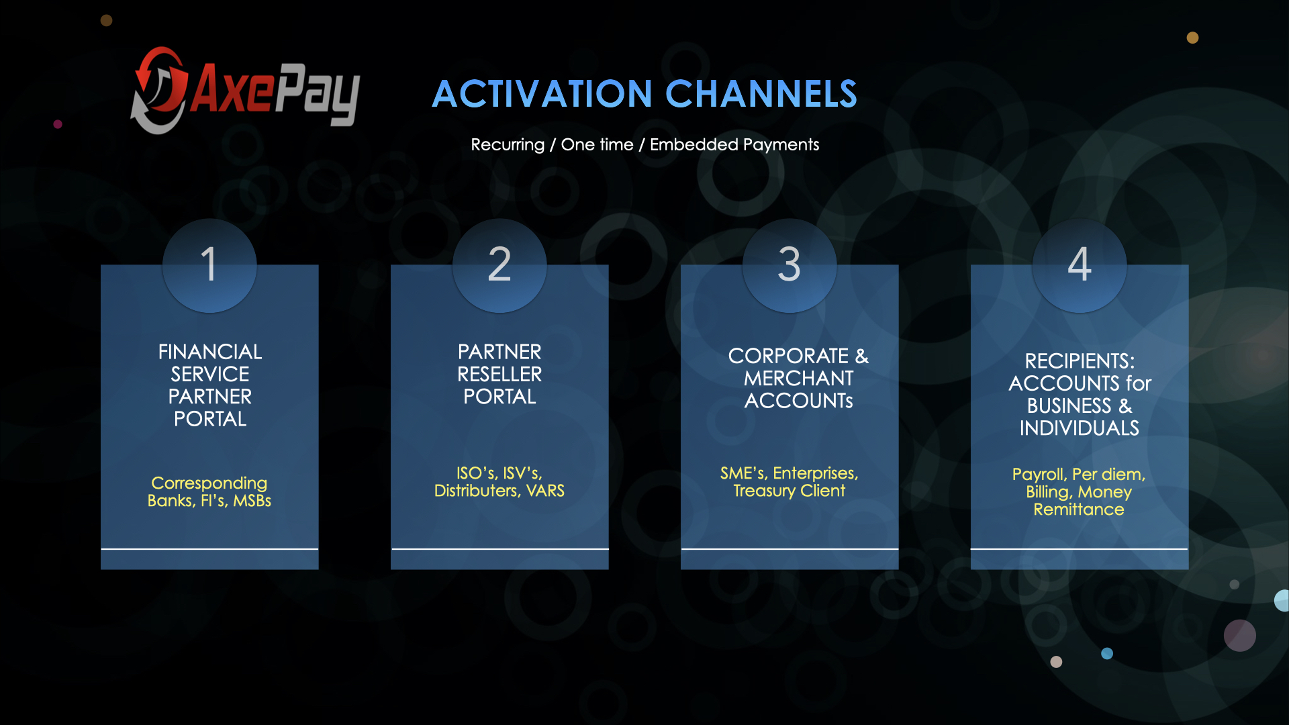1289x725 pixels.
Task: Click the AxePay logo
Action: (245, 90)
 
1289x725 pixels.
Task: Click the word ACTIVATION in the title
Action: (542, 94)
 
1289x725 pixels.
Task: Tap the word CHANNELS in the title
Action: (761, 94)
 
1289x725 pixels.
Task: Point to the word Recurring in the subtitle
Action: (508, 145)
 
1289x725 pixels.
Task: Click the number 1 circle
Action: (209, 266)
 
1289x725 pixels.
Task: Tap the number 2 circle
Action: (499, 266)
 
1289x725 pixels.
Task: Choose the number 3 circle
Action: (790, 266)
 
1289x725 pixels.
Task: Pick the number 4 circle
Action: (1080, 266)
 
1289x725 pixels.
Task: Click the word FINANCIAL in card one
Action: (210, 352)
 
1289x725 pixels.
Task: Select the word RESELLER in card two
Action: (499, 374)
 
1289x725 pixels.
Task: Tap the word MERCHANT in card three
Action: (799, 378)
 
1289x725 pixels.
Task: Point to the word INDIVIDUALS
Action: (1080, 428)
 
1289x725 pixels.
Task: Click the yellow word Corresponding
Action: (209, 483)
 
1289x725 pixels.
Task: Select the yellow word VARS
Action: (545, 491)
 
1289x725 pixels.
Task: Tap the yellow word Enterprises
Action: (816, 473)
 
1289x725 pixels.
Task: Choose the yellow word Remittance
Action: (1079, 510)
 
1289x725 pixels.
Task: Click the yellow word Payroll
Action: (1039, 475)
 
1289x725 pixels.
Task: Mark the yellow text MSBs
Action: (252, 501)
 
